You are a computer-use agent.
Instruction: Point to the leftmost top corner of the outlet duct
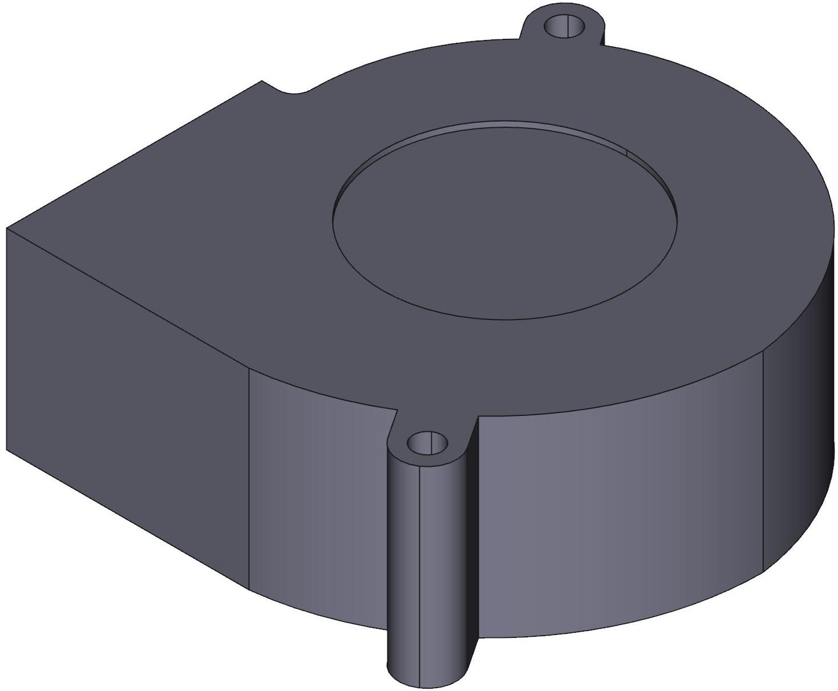coord(7,228)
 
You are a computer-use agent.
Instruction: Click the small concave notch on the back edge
coord(294,91)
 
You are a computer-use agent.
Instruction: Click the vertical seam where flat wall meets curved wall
coord(249,479)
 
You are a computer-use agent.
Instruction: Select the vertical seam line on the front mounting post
coord(420,571)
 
